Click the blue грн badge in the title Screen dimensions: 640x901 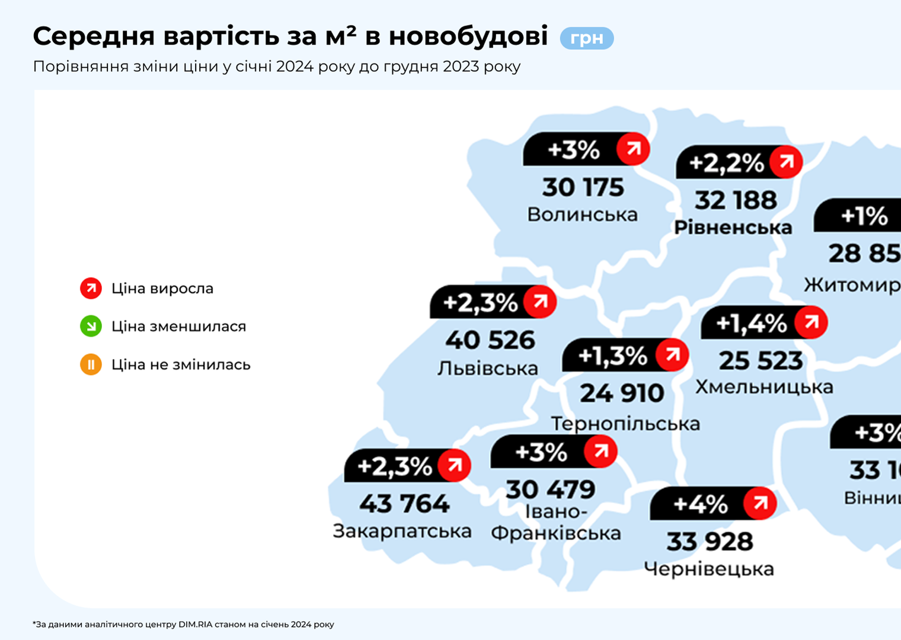[x=586, y=39]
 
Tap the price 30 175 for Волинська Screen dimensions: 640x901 [x=583, y=188]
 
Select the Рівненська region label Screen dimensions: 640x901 [x=733, y=228]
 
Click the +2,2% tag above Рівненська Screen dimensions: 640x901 [x=726, y=163]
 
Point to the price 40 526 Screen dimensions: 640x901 [x=490, y=341]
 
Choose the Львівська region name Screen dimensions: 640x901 [x=487, y=369]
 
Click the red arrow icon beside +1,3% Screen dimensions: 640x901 [x=672, y=355]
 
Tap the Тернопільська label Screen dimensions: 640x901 [x=625, y=424]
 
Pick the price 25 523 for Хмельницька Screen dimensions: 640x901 [x=761, y=361]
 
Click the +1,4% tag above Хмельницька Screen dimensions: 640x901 [x=751, y=324]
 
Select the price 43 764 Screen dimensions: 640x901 [x=404, y=504]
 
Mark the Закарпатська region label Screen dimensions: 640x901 [x=402, y=531]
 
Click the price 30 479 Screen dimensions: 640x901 [x=550, y=490]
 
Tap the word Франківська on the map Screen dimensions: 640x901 [x=555, y=533]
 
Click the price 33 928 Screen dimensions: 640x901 [x=710, y=542]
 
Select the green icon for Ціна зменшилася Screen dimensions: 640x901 [x=91, y=327]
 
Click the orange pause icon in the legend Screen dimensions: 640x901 [x=91, y=364]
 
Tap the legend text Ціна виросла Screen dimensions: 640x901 [x=162, y=289]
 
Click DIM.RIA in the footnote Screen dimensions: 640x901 [x=195, y=625]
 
